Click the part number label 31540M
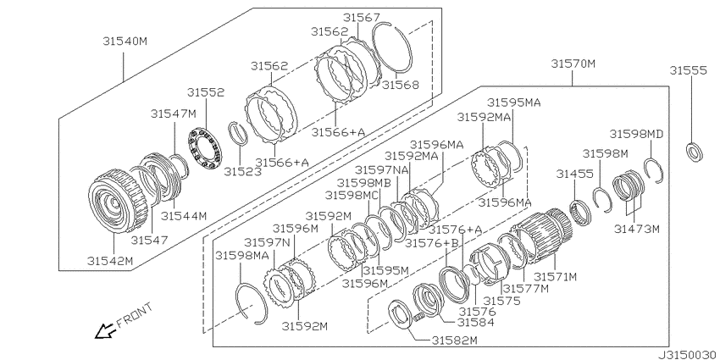pos(125,42)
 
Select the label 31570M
pos(573,64)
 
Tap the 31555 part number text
pos(688,70)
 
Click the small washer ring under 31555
pos(694,152)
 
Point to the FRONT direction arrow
pos(105,330)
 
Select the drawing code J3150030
pos(688,355)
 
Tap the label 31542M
pos(110,261)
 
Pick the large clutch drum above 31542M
pos(118,201)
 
